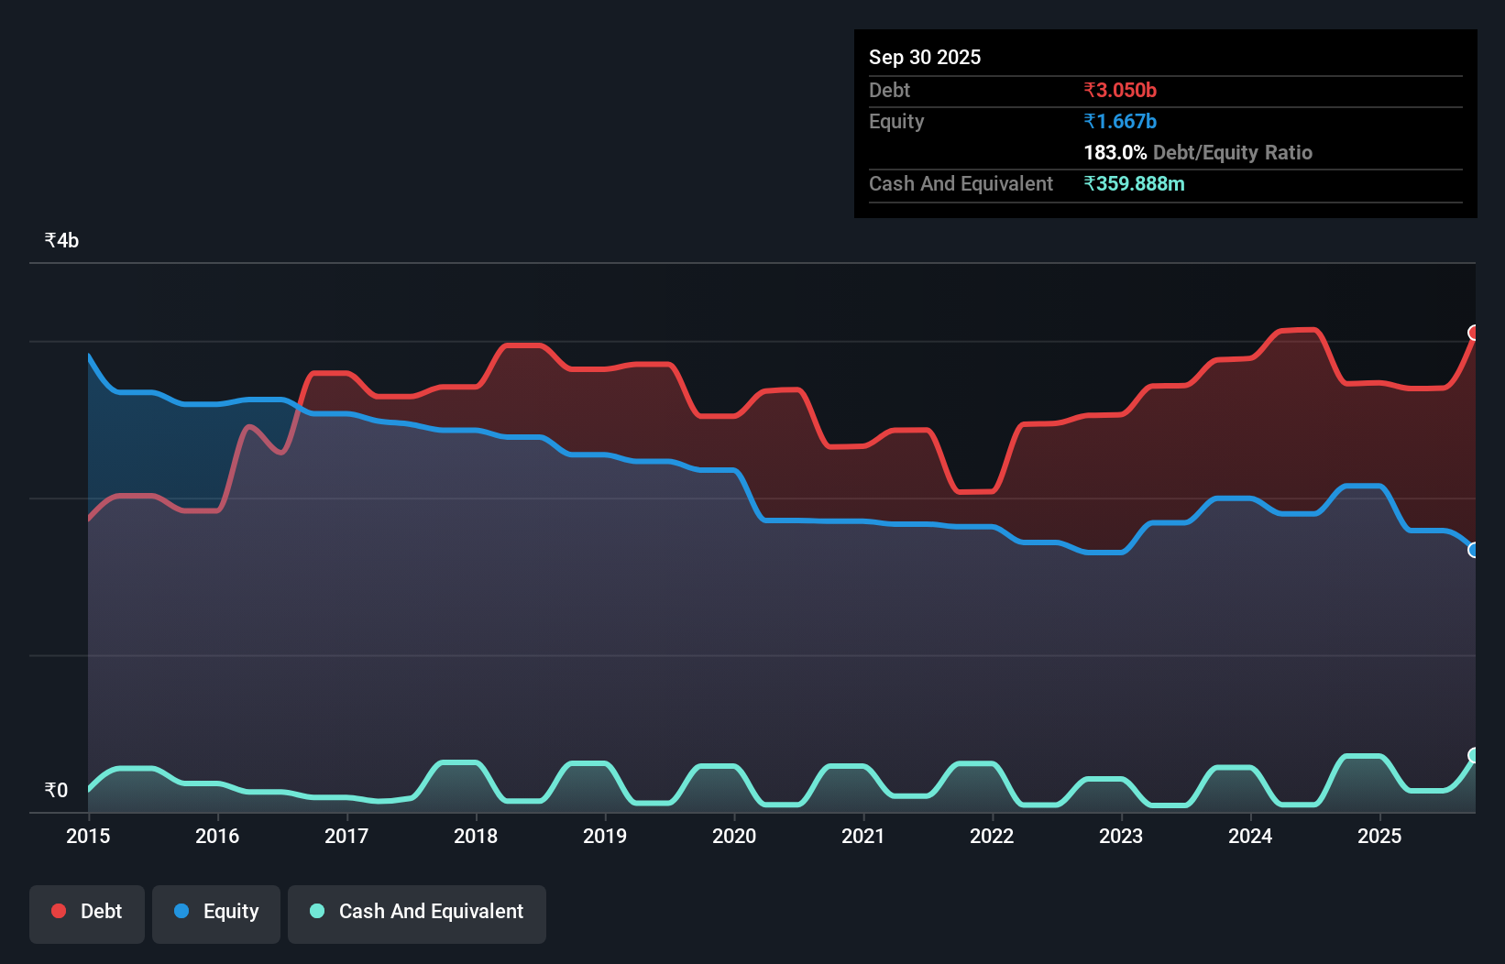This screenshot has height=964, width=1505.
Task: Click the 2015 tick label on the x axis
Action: (x=88, y=836)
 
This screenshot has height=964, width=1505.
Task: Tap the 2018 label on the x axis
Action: (x=476, y=836)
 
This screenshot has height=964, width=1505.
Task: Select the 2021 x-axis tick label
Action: (x=863, y=836)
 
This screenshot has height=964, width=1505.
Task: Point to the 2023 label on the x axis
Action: (x=1121, y=836)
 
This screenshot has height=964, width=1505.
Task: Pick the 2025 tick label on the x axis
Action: (x=1379, y=836)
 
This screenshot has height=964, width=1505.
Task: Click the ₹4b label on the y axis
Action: (x=61, y=240)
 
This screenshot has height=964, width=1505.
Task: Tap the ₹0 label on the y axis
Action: (x=56, y=790)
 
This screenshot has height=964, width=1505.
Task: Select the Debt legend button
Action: (x=87, y=912)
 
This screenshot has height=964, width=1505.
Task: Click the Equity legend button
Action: (x=216, y=912)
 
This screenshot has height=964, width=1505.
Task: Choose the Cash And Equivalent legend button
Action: (x=417, y=912)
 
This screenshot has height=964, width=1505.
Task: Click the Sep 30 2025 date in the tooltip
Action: (x=925, y=57)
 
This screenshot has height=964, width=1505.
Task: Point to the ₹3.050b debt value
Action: (x=1120, y=90)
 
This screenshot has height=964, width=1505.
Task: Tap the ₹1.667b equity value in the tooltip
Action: (x=1120, y=121)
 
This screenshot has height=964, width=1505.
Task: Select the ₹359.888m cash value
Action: (x=1134, y=183)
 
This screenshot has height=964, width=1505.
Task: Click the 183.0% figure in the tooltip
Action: (x=1115, y=152)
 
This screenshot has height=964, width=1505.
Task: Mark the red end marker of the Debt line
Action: (x=1474, y=333)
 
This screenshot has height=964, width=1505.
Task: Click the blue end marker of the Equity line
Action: (x=1474, y=550)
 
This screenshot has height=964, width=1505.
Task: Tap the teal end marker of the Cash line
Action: (x=1474, y=755)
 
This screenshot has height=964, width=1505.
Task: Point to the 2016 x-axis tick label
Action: (x=217, y=836)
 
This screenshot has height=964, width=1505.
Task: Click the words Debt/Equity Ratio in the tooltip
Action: (x=1233, y=152)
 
